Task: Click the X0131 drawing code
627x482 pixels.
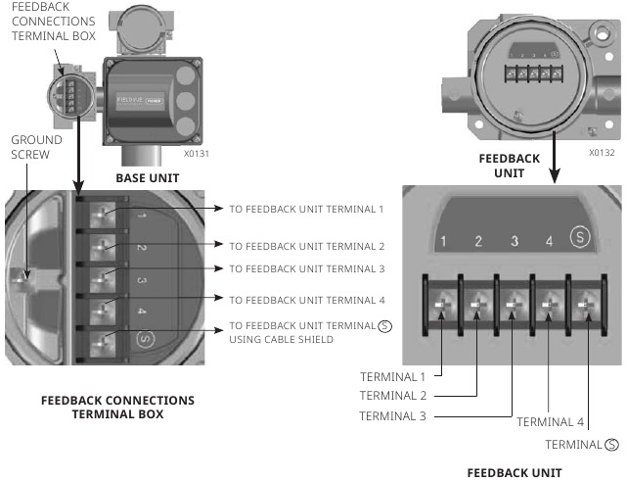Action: coord(196,154)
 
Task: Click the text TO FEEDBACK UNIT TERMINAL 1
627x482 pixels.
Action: coord(307,209)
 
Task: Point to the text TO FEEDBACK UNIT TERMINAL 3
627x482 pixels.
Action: coord(307,268)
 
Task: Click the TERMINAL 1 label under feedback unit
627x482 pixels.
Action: coord(394,375)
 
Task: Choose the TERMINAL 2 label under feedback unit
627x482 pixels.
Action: coord(394,396)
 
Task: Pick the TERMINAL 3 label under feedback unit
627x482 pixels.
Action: coord(394,415)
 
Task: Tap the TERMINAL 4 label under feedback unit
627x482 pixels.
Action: coord(551,422)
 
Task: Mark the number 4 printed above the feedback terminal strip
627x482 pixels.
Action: coord(549,241)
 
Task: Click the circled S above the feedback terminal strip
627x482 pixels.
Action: coord(582,239)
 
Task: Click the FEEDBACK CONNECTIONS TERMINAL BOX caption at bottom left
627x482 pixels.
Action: coord(117,407)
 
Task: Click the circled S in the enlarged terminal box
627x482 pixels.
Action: coord(144,340)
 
